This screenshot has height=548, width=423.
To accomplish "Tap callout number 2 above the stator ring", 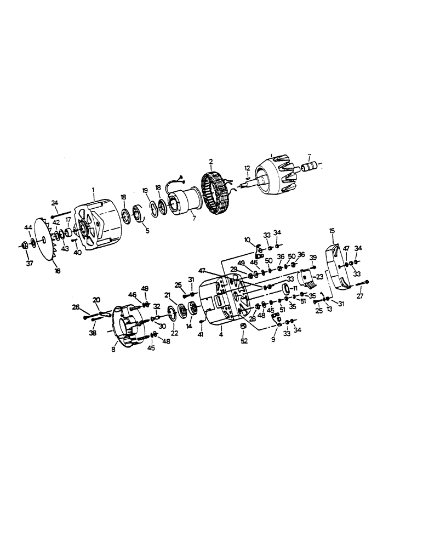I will [210, 162].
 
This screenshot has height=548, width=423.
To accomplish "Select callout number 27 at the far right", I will [360, 296].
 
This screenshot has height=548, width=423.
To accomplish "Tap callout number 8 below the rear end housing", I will [113, 349].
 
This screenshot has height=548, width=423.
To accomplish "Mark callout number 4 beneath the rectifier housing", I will [221, 333].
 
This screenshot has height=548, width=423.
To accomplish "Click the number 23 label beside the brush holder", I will [319, 276].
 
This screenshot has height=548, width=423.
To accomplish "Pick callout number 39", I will [313, 258].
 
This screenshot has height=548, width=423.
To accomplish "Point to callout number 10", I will [247, 239].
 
